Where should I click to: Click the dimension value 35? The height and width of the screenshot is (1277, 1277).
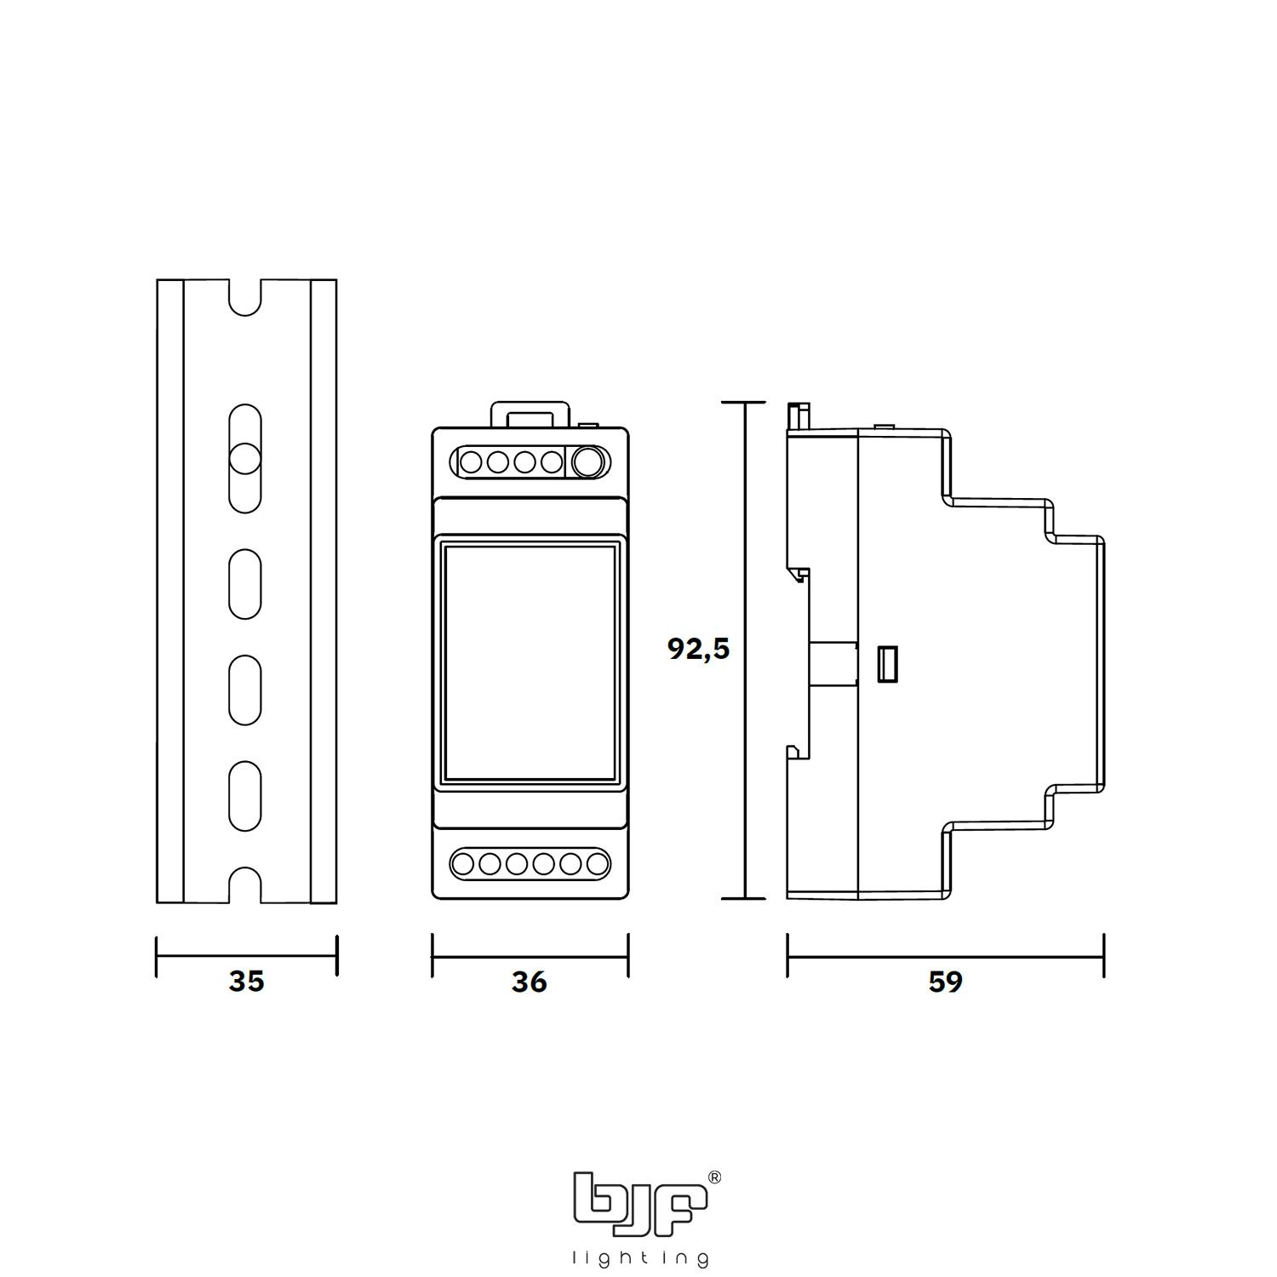click(x=246, y=981)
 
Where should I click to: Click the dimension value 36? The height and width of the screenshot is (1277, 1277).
click(x=529, y=982)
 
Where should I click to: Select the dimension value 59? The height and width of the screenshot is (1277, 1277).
click(x=945, y=982)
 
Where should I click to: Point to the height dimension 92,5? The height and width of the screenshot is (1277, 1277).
click(x=698, y=649)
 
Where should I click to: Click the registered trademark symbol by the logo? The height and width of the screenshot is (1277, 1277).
click(x=714, y=1177)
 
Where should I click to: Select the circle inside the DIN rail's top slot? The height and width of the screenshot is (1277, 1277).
click(x=244, y=458)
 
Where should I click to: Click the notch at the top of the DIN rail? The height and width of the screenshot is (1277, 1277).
click(x=245, y=297)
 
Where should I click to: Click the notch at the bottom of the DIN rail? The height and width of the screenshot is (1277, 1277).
click(x=245, y=885)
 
